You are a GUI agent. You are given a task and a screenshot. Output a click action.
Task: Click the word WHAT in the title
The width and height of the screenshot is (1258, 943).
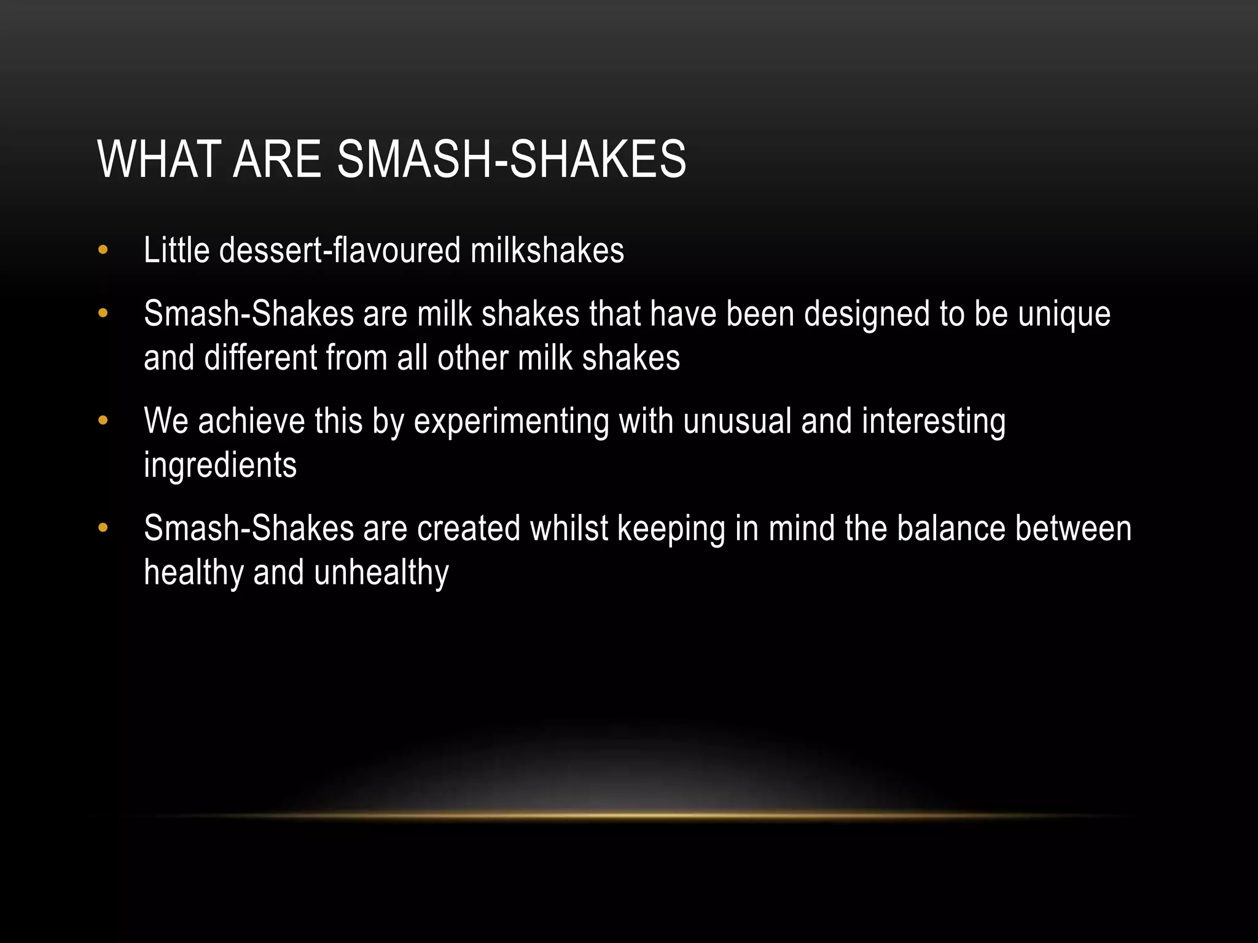point(158,160)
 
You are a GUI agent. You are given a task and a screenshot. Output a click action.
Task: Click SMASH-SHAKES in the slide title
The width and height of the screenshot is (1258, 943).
point(511,160)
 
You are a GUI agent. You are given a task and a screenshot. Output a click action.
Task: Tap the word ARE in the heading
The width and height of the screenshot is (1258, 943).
point(277,160)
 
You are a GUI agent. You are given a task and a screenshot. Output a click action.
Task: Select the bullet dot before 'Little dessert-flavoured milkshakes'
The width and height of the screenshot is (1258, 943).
point(103,250)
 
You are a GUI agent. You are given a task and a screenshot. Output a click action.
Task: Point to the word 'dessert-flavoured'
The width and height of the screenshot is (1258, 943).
point(340,250)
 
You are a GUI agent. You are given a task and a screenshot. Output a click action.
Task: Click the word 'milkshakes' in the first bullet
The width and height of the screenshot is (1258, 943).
point(547,250)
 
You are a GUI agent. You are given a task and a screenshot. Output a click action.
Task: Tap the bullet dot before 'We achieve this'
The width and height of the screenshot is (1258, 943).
point(103,421)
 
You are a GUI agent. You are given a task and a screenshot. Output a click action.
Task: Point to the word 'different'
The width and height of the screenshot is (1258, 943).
point(260,358)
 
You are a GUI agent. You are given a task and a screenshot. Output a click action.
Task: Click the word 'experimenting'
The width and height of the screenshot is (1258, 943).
point(511,422)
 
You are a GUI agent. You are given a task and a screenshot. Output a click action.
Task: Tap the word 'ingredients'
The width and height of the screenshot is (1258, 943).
point(220,466)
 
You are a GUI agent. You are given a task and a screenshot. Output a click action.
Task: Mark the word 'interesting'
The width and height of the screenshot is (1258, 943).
point(934,422)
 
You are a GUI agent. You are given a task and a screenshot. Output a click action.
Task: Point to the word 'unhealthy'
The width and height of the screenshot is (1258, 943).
point(381,573)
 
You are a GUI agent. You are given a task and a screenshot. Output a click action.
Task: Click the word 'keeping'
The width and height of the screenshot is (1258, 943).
point(671,529)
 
